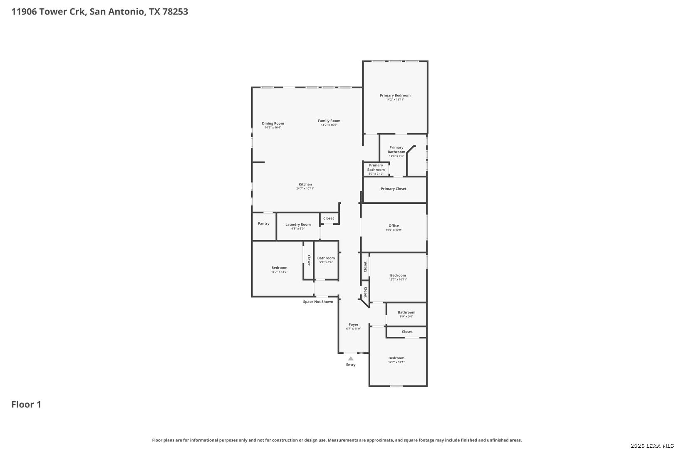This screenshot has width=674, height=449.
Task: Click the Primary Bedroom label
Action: click(x=395, y=95)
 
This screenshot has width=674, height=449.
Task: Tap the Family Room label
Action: click(x=329, y=121)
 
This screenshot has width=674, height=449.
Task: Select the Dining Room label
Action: click(x=273, y=123)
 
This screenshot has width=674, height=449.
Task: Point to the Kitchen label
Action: click(x=305, y=184)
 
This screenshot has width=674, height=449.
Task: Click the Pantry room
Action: click(x=264, y=226)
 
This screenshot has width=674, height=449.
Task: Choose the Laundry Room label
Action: click(x=298, y=224)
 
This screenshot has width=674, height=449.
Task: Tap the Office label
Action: click(x=394, y=226)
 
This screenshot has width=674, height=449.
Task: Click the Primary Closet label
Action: click(x=393, y=189)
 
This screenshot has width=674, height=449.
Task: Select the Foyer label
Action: click(x=354, y=325)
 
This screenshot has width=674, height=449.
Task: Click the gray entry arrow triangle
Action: click(x=351, y=358)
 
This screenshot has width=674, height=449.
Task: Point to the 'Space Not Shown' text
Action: click(x=318, y=302)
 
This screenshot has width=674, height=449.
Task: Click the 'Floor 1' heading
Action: click(x=26, y=405)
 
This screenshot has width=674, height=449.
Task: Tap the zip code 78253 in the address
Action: click(x=175, y=11)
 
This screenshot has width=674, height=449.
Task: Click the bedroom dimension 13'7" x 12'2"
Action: click(x=279, y=272)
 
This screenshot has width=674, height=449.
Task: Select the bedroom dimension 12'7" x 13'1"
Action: click(x=396, y=362)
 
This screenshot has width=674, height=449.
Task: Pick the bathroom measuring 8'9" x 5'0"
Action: click(x=406, y=315)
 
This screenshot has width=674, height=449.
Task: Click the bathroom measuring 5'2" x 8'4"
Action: click(x=326, y=260)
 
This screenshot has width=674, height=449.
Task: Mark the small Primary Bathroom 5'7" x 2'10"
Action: click(x=376, y=169)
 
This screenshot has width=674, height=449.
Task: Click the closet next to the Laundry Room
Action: click(x=329, y=218)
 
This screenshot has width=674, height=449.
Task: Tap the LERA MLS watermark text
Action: click(x=652, y=446)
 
